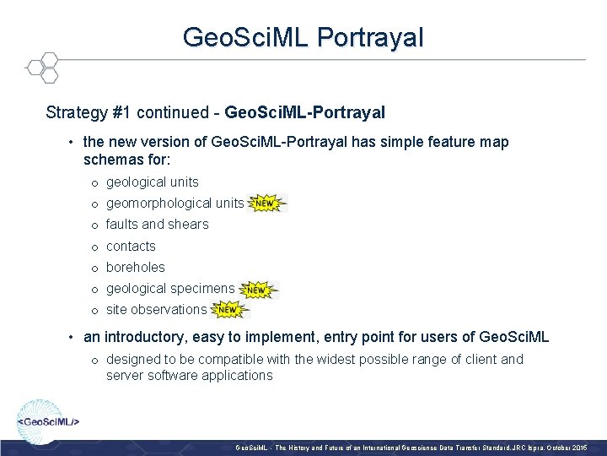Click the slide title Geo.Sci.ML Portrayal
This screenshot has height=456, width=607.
pyautogui.click(x=303, y=37)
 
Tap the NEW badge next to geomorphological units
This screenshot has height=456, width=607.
pyautogui.click(x=266, y=204)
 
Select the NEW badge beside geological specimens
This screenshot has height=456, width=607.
pyautogui.click(x=257, y=290)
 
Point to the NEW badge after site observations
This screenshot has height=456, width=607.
pyautogui.click(x=229, y=310)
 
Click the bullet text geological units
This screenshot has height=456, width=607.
pyautogui.click(x=152, y=182)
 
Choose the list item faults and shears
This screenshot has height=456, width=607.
pyautogui.click(x=157, y=224)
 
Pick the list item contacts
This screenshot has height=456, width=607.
pyautogui.click(x=131, y=246)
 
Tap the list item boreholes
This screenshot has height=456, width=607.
pyautogui.click(x=135, y=267)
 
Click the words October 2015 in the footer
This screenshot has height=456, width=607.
pyautogui.click(x=572, y=445)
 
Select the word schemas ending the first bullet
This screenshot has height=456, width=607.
pyautogui.click(x=108, y=159)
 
